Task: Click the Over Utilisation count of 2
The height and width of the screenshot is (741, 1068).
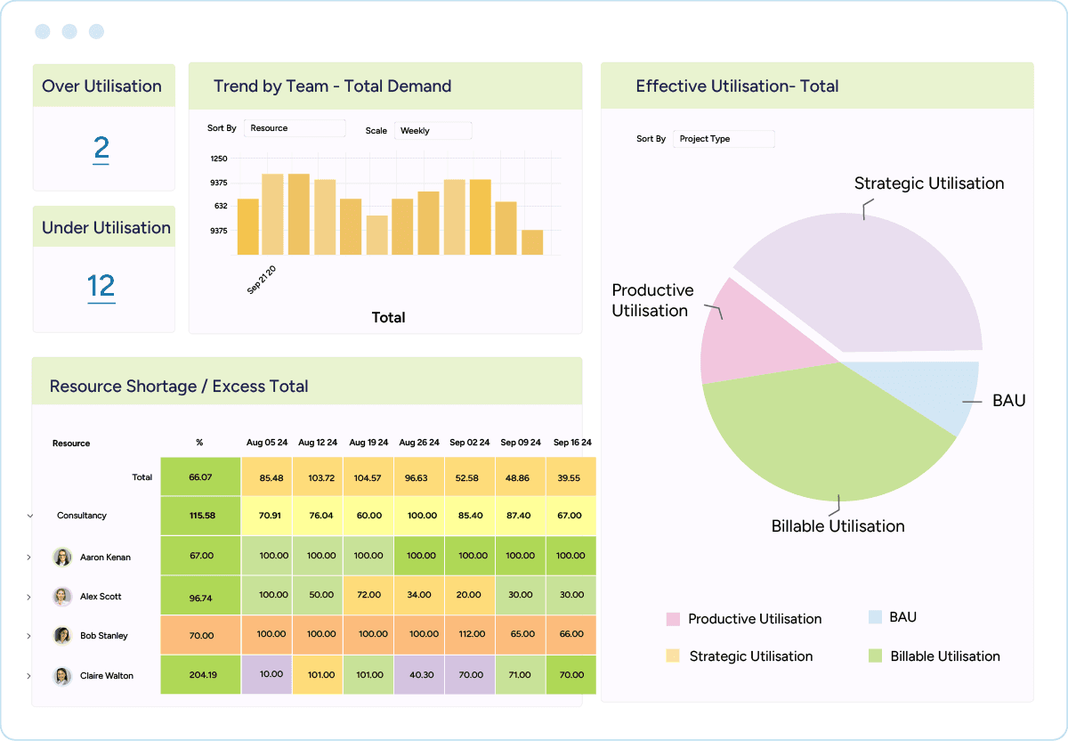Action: [x=101, y=148]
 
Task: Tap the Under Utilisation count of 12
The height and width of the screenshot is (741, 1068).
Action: [x=101, y=286]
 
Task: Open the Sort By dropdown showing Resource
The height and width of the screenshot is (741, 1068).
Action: [x=294, y=128]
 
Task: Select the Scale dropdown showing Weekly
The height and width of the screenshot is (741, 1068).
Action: [x=433, y=131]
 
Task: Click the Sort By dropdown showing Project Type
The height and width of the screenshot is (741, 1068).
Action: [x=724, y=139]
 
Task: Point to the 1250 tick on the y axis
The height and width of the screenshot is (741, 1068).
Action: [x=219, y=159]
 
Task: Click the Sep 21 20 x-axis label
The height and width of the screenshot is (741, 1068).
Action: [x=262, y=279]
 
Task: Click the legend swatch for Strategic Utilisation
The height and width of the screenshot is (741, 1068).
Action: [x=673, y=656]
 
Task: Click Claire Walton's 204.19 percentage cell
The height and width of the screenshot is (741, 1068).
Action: [x=201, y=675]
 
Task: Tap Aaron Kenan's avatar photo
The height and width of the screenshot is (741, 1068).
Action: [x=62, y=557]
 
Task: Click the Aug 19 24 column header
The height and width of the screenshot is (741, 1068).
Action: [x=368, y=443]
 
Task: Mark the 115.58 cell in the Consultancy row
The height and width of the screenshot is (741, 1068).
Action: [x=201, y=516]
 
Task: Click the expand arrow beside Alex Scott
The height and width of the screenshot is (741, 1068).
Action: [x=29, y=597]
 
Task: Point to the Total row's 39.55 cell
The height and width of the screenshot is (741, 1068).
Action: [x=570, y=477]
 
